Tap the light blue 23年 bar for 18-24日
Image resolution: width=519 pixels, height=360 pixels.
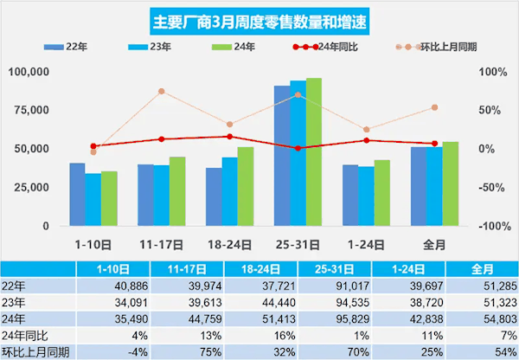click(x=229, y=191)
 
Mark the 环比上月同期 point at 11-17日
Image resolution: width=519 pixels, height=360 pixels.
click(x=161, y=91)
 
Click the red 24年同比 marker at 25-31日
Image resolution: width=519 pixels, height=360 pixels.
click(x=298, y=148)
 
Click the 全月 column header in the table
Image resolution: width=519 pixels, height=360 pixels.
click(x=484, y=267)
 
